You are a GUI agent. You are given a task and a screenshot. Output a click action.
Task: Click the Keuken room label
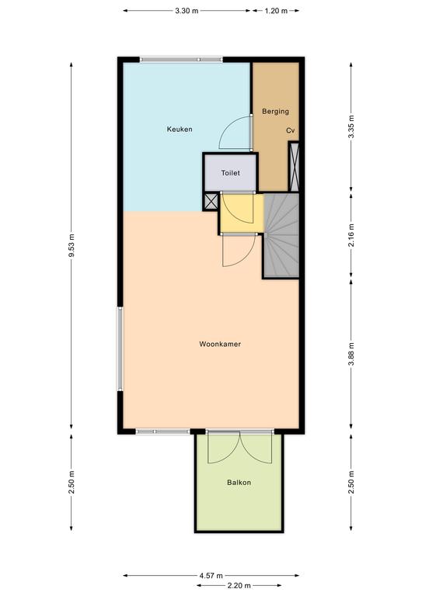coord(180,130)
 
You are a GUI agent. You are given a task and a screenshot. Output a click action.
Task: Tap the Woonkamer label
coord(220,344)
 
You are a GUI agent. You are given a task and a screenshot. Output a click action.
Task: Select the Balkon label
coord(239,483)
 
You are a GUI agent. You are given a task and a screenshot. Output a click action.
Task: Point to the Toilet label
coord(231,173)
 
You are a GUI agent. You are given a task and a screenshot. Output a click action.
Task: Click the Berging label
coord(275,112)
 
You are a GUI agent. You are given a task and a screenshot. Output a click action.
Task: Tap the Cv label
coord(291,130)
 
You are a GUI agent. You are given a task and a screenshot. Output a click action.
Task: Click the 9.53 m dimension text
coord(71,245)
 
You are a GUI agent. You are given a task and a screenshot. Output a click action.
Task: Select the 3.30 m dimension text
coord(187,11)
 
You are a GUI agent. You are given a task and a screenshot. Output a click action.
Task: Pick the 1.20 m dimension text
coord(276,11)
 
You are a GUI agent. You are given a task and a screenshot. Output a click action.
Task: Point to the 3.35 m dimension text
coord(351,126)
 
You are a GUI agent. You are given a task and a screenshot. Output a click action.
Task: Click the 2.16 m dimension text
coord(351,235)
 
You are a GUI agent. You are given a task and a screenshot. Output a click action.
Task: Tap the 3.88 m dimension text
coord(351,354)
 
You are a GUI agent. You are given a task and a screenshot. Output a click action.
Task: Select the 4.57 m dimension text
coord(211,576)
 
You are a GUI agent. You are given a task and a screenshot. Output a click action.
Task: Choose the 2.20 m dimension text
coord(239,585)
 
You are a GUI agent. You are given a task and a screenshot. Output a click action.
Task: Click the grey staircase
coord(281,236)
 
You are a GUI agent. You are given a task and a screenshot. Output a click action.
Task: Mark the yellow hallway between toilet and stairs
coord(242,213)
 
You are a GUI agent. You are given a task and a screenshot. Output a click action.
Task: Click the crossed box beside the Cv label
coord(294,167)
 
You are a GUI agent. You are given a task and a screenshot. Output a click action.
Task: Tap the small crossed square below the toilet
coord(211,202)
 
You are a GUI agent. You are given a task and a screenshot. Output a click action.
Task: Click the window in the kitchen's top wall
coord(181,59)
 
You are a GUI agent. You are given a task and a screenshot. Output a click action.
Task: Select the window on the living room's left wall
coord(120,349)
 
